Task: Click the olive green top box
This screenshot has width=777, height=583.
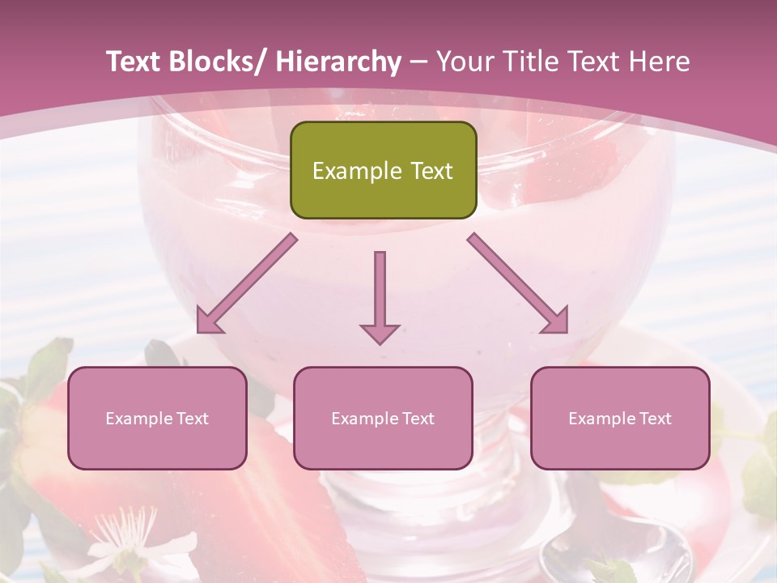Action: click(x=383, y=170)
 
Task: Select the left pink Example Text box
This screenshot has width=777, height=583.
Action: click(x=157, y=418)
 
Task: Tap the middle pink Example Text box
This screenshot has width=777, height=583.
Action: click(x=383, y=418)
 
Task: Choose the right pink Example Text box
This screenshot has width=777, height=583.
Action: click(x=620, y=418)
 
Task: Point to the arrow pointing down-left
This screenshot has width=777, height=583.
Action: click(x=247, y=283)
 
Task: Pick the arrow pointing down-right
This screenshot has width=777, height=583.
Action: click(x=518, y=283)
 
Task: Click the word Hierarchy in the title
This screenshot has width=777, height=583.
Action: click(x=338, y=62)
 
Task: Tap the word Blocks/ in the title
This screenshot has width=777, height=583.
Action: click(x=218, y=62)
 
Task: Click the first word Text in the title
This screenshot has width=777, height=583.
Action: click(x=134, y=62)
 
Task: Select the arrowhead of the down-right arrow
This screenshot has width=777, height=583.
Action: click(x=555, y=321)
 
